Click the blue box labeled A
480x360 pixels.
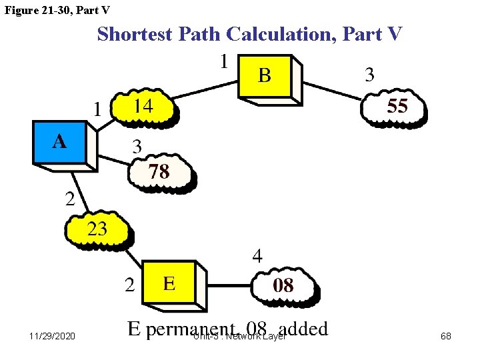point(60,141)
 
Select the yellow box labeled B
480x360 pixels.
point(265,75)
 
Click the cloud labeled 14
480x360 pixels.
point(143,106)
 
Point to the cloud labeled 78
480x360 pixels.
point(159,172)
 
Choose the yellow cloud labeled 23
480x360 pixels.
point(97,230)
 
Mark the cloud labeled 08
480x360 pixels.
point(283,287)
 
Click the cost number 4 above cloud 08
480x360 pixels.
point(257,255)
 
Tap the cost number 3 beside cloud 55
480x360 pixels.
point(369,75)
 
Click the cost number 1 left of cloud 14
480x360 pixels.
point(98,108)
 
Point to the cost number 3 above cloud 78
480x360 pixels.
point(137,146)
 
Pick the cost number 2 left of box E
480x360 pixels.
point(130,285)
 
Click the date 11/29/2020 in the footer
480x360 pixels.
point(52,336)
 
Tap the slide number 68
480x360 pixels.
point(446,336)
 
